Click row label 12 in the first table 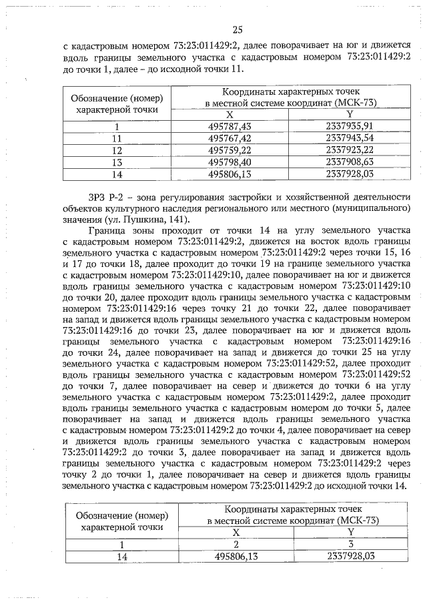pyautogui.click(x=117, y=149)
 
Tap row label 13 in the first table pyautogui.click(x=117, y=162)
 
